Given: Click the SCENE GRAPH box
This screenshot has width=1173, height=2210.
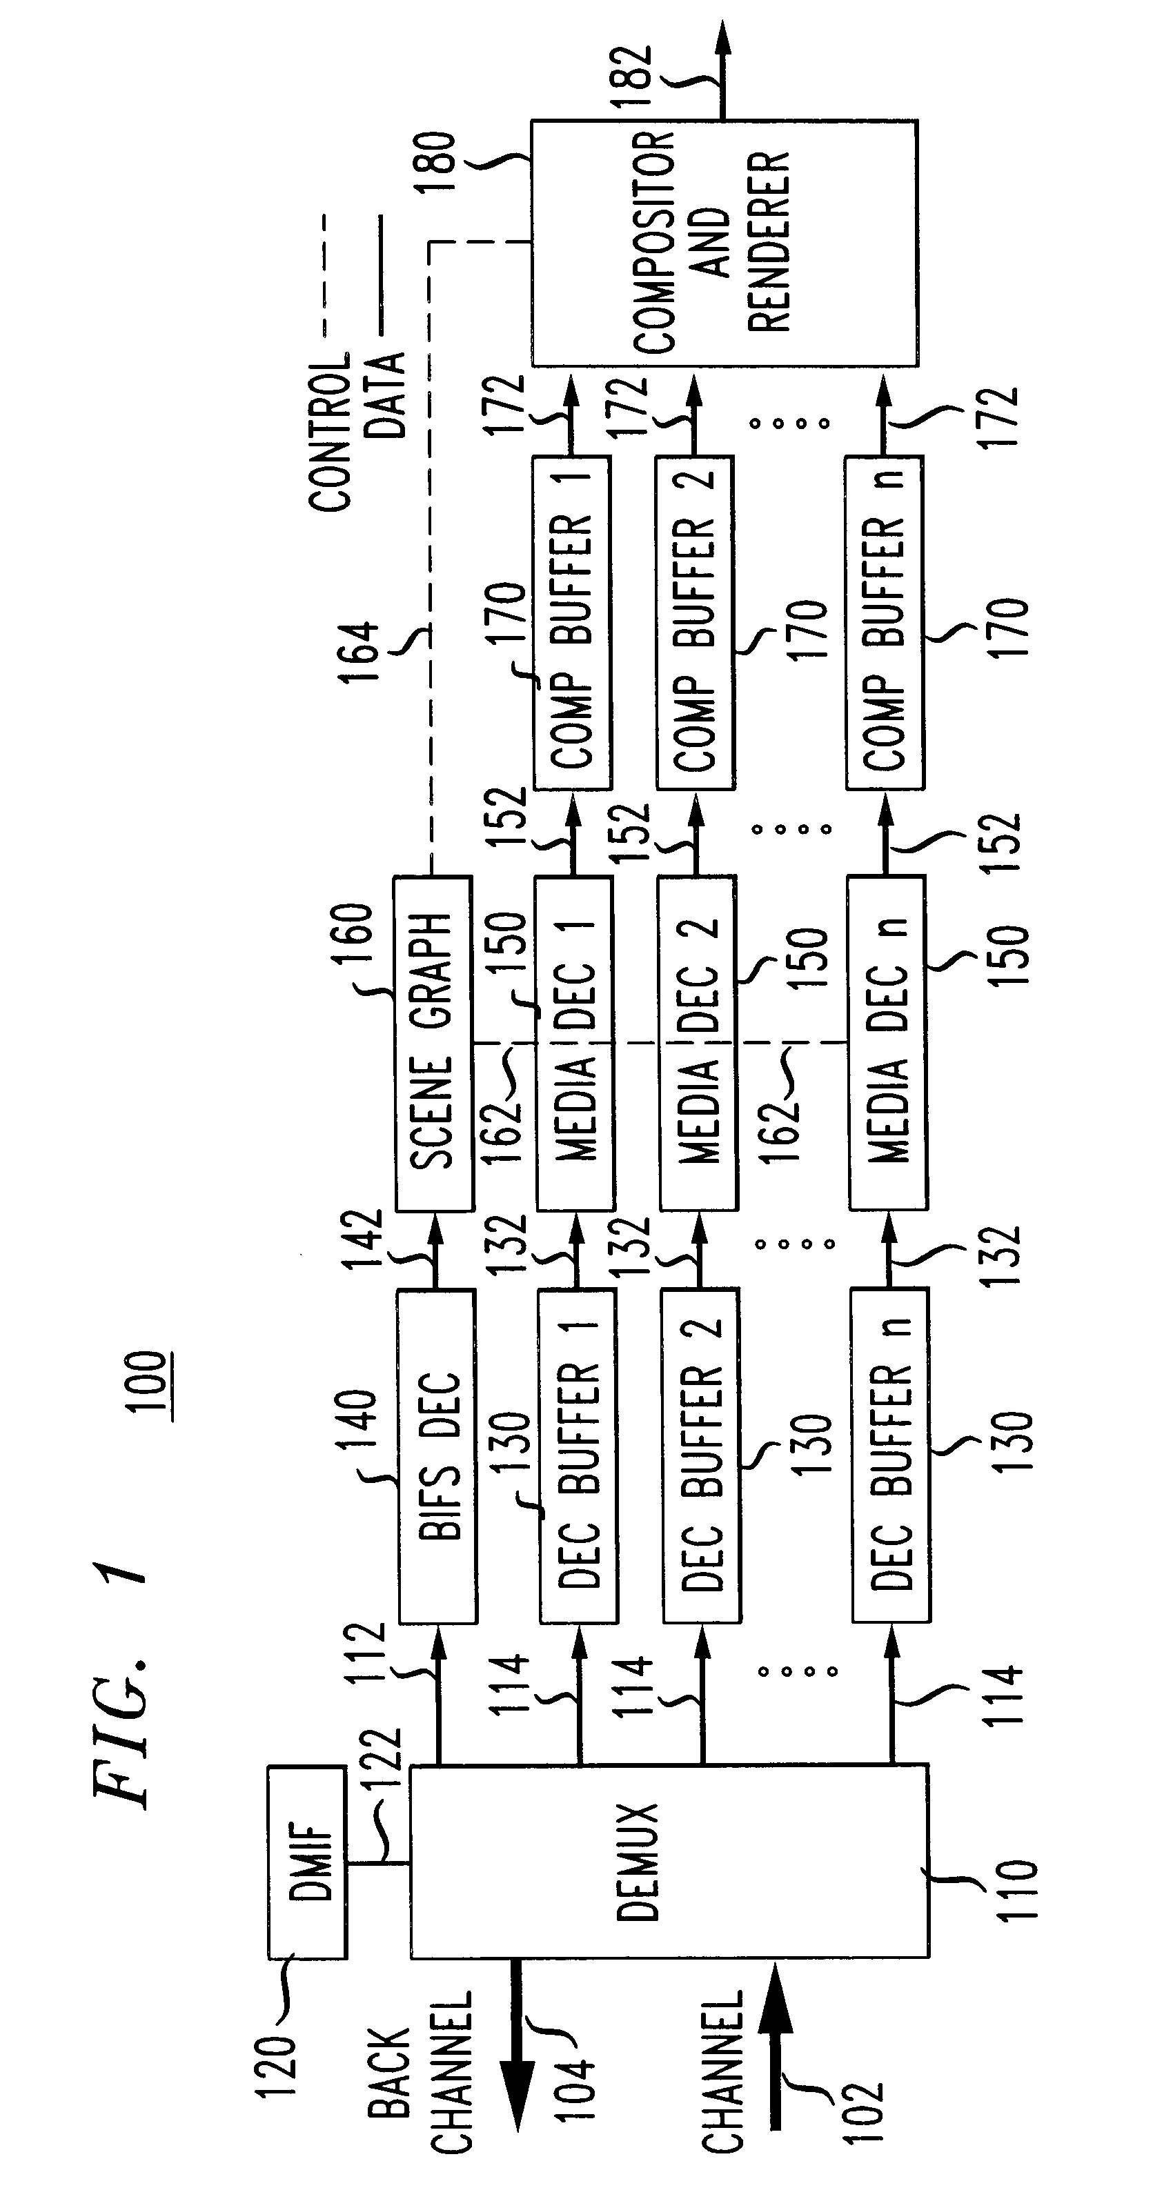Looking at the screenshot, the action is (434, 1042).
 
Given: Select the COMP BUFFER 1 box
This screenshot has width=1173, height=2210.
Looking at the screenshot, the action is (572, 623).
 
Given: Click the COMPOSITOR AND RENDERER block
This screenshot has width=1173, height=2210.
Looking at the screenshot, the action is (724, 243).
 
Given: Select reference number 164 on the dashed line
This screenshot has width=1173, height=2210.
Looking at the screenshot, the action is (358, 653).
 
